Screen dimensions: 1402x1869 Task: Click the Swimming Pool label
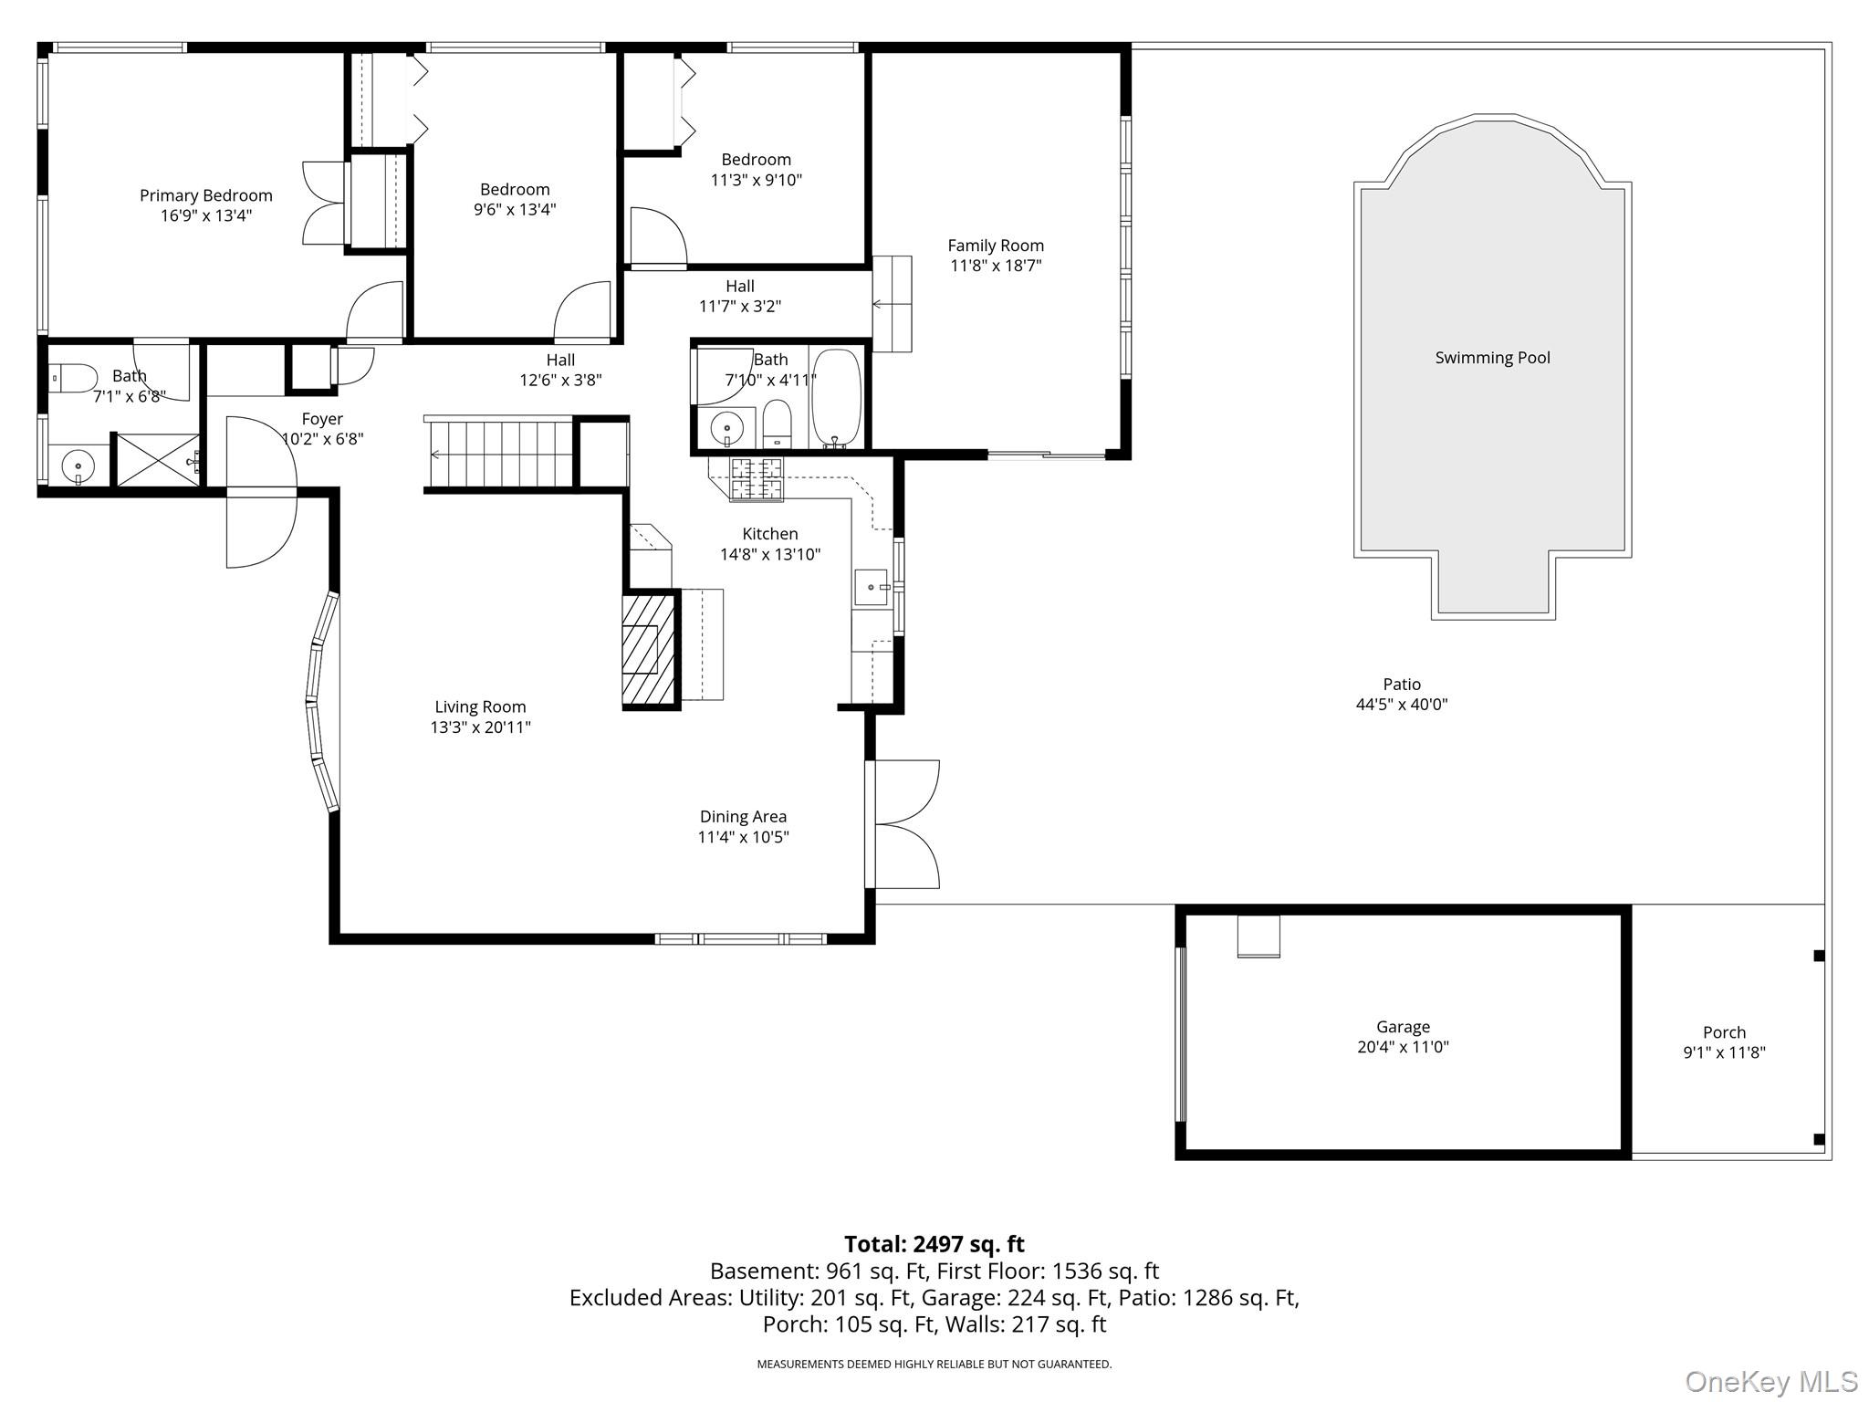tap(1492, 358)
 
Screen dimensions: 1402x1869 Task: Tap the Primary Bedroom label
tap(205, 195)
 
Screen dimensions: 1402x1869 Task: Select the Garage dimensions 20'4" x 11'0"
tap(1403, 1047)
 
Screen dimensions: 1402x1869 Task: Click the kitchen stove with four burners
tap(757, 479)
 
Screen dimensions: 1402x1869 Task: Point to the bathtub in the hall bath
tap(836, 399)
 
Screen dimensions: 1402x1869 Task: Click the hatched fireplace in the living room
tap(651, 649)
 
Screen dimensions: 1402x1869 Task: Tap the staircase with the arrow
tap(499, 454)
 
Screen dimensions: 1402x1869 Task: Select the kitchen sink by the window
tap(872, 587)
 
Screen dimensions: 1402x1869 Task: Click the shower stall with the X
tap(156, 460)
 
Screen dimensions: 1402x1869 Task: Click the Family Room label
tap(995, 246)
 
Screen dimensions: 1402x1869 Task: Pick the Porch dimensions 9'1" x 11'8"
tap(1724, 1052)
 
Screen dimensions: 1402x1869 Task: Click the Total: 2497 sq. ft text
tap(934, 1244)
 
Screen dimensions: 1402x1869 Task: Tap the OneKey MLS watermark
tap(1770, 1381)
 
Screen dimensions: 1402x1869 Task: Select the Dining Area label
tap(743, 817)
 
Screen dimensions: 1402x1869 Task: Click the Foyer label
tap(322, 419)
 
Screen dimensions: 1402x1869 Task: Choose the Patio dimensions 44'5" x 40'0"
tap(1402, 705)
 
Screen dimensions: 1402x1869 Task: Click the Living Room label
tap(480, 706)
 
